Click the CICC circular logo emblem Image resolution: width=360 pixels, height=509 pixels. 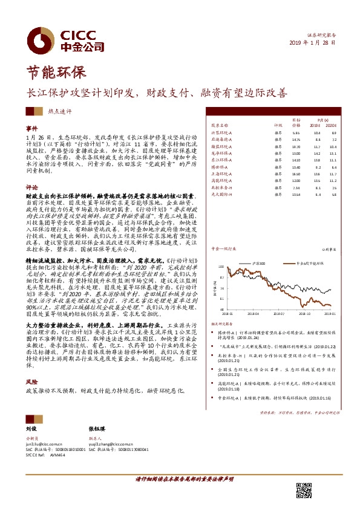click(x=41, y=38)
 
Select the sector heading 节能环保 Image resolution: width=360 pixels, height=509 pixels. click(x=51, y=74)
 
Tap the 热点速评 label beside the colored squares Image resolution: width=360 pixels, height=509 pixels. click(x=60, y=111)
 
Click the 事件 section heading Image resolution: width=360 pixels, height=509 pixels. click(x=31, y=129)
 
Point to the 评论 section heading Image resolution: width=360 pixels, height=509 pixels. click(x=31, y=187)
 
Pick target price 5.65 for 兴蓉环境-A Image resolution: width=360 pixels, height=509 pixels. click(x=296, y=132)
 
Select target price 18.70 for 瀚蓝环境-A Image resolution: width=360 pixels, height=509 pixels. click(x=296, y=146)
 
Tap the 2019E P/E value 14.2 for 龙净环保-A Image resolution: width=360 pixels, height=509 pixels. click(x=318, y=154)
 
